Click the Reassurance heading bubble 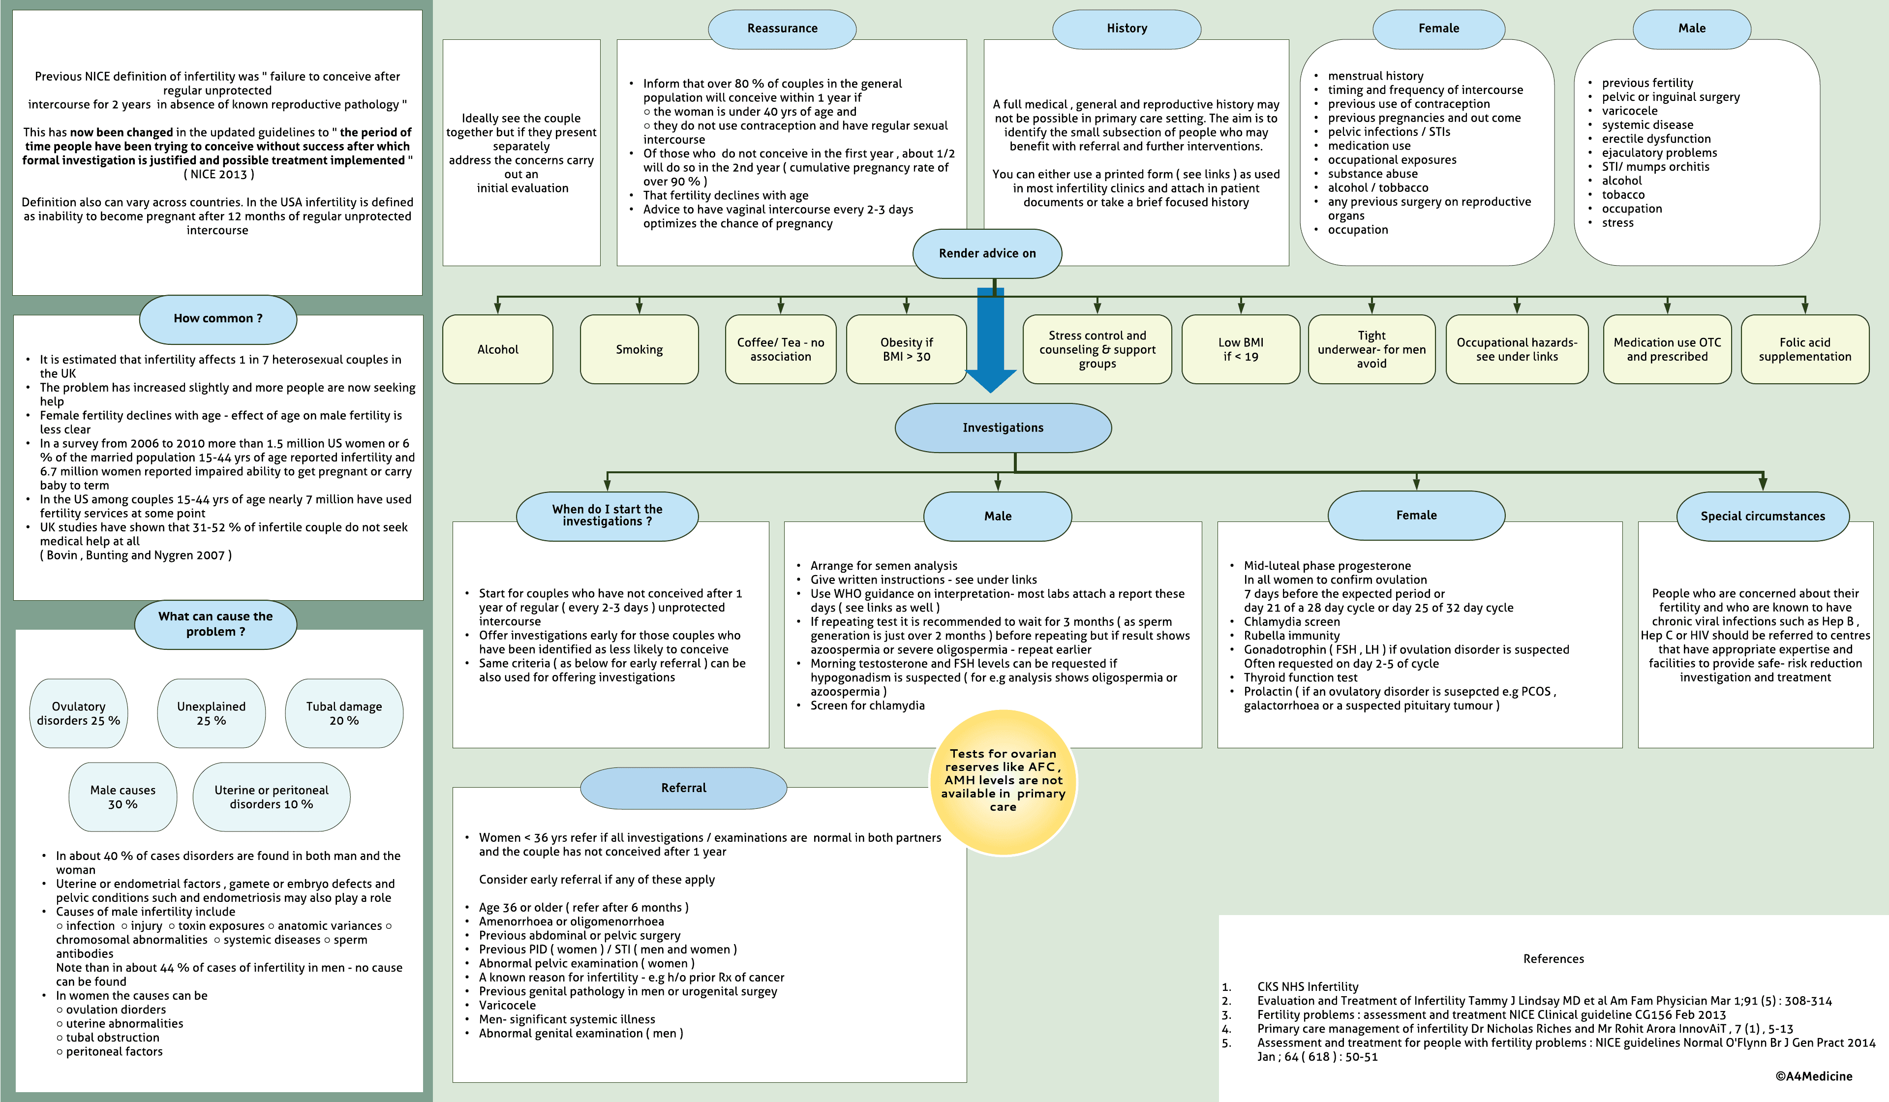tap(782, 29)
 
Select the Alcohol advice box tap(498, 349)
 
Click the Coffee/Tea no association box tap(780, 349)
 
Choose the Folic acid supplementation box tap(1804, 349)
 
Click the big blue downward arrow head tap(990, 379)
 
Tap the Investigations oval tap(1003, 428)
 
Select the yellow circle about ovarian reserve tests tap(1003, 781)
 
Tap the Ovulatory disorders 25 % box tap(79, 714)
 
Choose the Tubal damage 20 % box tap(344, 714)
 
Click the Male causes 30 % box tap(123, 797)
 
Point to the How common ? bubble tap(218, 319)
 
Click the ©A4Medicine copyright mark tap(1813, 1076)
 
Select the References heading tap(1553, 959)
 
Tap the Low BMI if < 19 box tap(1241, 349)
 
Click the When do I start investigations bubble tap(607, 516)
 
